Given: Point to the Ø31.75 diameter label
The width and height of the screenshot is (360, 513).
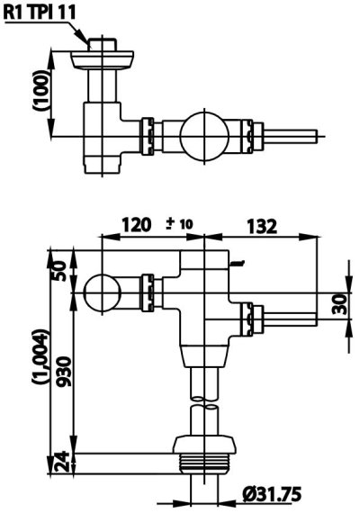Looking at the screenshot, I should click(x=273, y=494).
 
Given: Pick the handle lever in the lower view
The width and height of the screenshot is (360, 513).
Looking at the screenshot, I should click(x=288, y=319).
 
